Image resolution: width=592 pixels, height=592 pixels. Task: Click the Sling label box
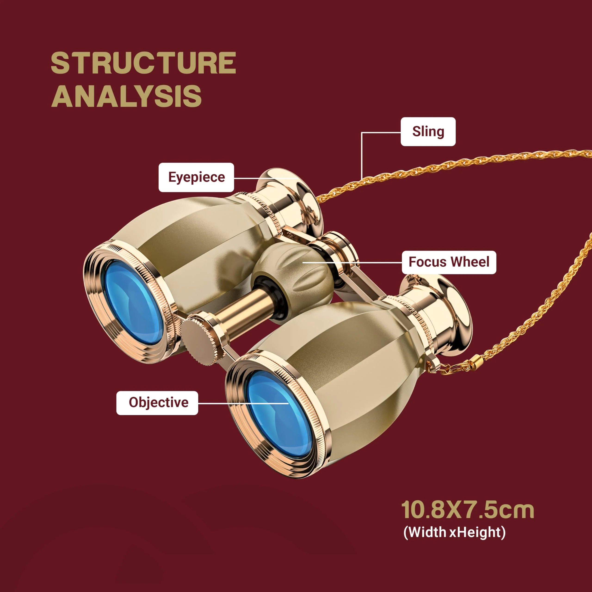click(x=428, y=131)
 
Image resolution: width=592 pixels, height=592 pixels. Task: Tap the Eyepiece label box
click(x=196, y=177)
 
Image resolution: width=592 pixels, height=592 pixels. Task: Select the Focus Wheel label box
click(x=449, y=262)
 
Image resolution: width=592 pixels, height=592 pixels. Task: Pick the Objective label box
click(x=157, y=403)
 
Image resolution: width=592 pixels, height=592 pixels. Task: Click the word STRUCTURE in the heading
click(x=143, y=63)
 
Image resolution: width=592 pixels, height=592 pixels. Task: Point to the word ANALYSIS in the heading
click(x=126, y=96)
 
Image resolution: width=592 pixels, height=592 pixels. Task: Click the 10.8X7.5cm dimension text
click(x=468, y=510)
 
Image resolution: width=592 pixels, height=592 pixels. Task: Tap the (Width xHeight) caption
click(x=454, y=532)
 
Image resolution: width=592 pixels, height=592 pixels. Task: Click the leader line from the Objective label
click(x=244, y=403)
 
